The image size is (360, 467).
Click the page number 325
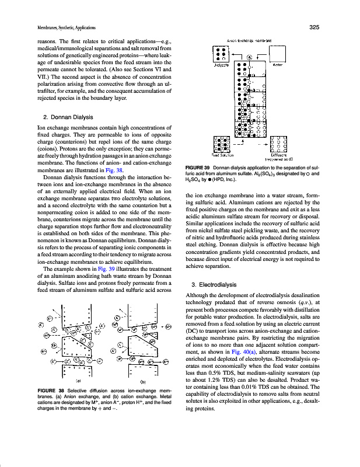[x=312, y=27]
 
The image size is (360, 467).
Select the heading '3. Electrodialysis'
[x=209, y=284]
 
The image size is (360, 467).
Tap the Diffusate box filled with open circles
[x=278, y=143]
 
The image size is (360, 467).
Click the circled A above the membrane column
[x=249, y=58]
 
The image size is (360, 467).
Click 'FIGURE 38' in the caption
[x=51, y=406]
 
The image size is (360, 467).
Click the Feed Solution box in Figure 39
[x=221, y=143]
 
